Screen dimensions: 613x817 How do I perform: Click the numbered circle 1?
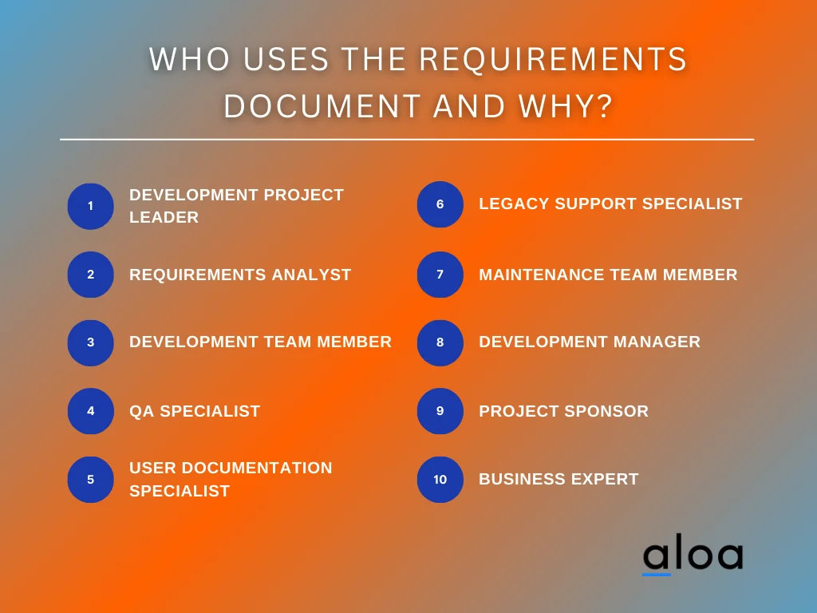[90, 206]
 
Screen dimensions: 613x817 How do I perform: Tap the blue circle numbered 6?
[440, 204]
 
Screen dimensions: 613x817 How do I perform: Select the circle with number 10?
[440, 480]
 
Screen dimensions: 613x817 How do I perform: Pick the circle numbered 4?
[90, 411]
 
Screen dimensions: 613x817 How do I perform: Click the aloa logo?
[693, 556]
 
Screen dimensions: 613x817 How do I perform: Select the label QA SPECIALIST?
[195, 411]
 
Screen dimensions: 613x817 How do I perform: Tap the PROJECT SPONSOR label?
[563, 411]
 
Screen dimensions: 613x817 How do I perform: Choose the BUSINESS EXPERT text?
[558, 479]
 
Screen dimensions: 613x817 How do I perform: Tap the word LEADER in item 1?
[164, 217]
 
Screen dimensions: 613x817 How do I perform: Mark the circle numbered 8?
[440, 342]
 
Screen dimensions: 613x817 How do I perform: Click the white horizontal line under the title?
[407, 140]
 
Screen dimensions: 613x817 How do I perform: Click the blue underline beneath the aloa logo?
[657, 573]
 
